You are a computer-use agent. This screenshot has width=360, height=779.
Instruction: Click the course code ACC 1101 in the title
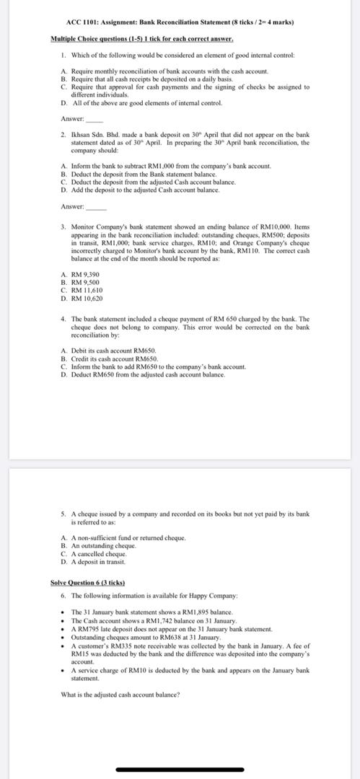(x=82, y=22)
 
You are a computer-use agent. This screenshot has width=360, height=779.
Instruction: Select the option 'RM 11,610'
(x=87, y=290)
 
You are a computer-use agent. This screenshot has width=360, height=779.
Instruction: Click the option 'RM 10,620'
(x=87, y=298)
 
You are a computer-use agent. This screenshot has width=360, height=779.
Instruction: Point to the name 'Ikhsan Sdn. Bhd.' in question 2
(x=98, y=134)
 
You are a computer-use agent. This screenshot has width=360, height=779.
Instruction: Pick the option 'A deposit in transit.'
(x=98, y=562)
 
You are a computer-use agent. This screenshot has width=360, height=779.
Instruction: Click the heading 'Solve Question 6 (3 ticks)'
(x=88, y=582)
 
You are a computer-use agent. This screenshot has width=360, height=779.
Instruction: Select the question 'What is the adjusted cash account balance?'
(x=120, y=695)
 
